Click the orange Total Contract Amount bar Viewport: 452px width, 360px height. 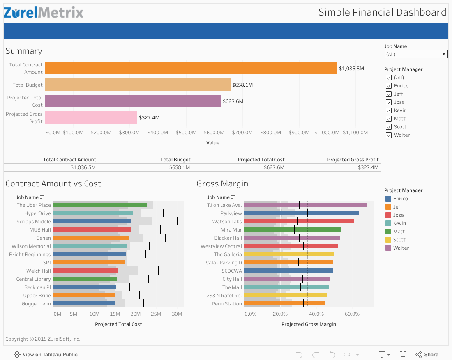(x=191, y=68)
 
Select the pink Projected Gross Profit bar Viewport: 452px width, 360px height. (x=91, y=117)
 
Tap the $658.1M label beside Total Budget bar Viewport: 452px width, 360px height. (x=242, y=85)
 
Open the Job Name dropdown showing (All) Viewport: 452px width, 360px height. (x=415, y=54)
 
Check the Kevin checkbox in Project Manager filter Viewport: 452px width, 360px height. (x=389, y=110)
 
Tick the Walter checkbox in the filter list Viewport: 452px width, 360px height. (x=389, y=135)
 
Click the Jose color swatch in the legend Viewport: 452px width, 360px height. (x=388, y=215)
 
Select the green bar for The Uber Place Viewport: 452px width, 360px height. (x=100, y=205)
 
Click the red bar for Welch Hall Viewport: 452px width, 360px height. (x=85, y=271)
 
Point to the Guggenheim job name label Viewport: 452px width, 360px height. (x=37, y=304)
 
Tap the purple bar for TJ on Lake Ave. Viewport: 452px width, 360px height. (x=306, y=205)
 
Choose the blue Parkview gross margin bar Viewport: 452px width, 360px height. (x=301, y=213)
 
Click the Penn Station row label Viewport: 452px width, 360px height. (x=227, y=304)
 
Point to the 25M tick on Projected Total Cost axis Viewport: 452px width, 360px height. (x=156, y=314)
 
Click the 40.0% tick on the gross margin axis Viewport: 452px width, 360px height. (x=316, y=314)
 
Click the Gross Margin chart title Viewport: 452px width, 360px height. (x=222, y=183)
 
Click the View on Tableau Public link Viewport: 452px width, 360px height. (x=46, y=354)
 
